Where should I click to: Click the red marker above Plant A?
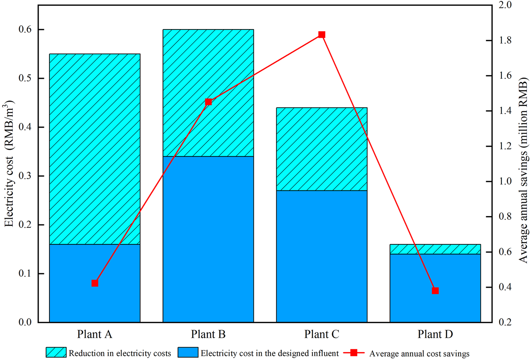pyautogui.click(x=95, y=283)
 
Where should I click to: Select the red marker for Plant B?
pyautogui.click(x=208, y=102)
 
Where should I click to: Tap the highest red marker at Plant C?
pyautogui.click(x=322, y=34)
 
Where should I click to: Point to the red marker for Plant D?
pyautogui.click(x=435, y=291)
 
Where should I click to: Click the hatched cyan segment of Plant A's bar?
pyautogui.click(x=95, y=149)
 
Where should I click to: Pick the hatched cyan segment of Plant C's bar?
pyautogui.click(x=322, y=149)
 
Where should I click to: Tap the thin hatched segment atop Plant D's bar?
pyautogui.click(x=435, y=249)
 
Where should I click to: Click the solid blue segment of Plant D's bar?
pyautogui.click(x=435, y=288)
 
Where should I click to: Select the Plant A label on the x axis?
pyautogui.click(x=95, y=334)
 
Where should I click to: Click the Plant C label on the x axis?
pyautogui.click(x=322, y=334)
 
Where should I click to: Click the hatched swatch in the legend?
pyautogui.click(x=56, y=353)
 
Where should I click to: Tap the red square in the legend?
pyautogui.click(x=353, y=353)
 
